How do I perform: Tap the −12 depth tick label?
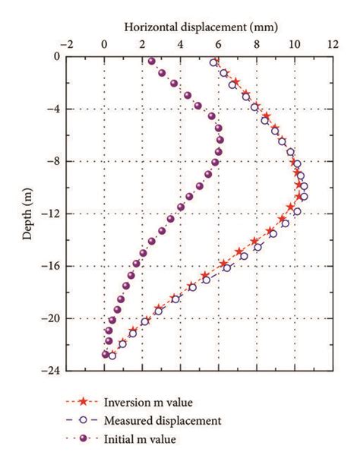point(48,214)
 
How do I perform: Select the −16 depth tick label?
point(48,266)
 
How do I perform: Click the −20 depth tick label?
point(48,318)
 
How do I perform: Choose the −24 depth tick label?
point(48,371)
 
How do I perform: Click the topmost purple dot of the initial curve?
point(152,62)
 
